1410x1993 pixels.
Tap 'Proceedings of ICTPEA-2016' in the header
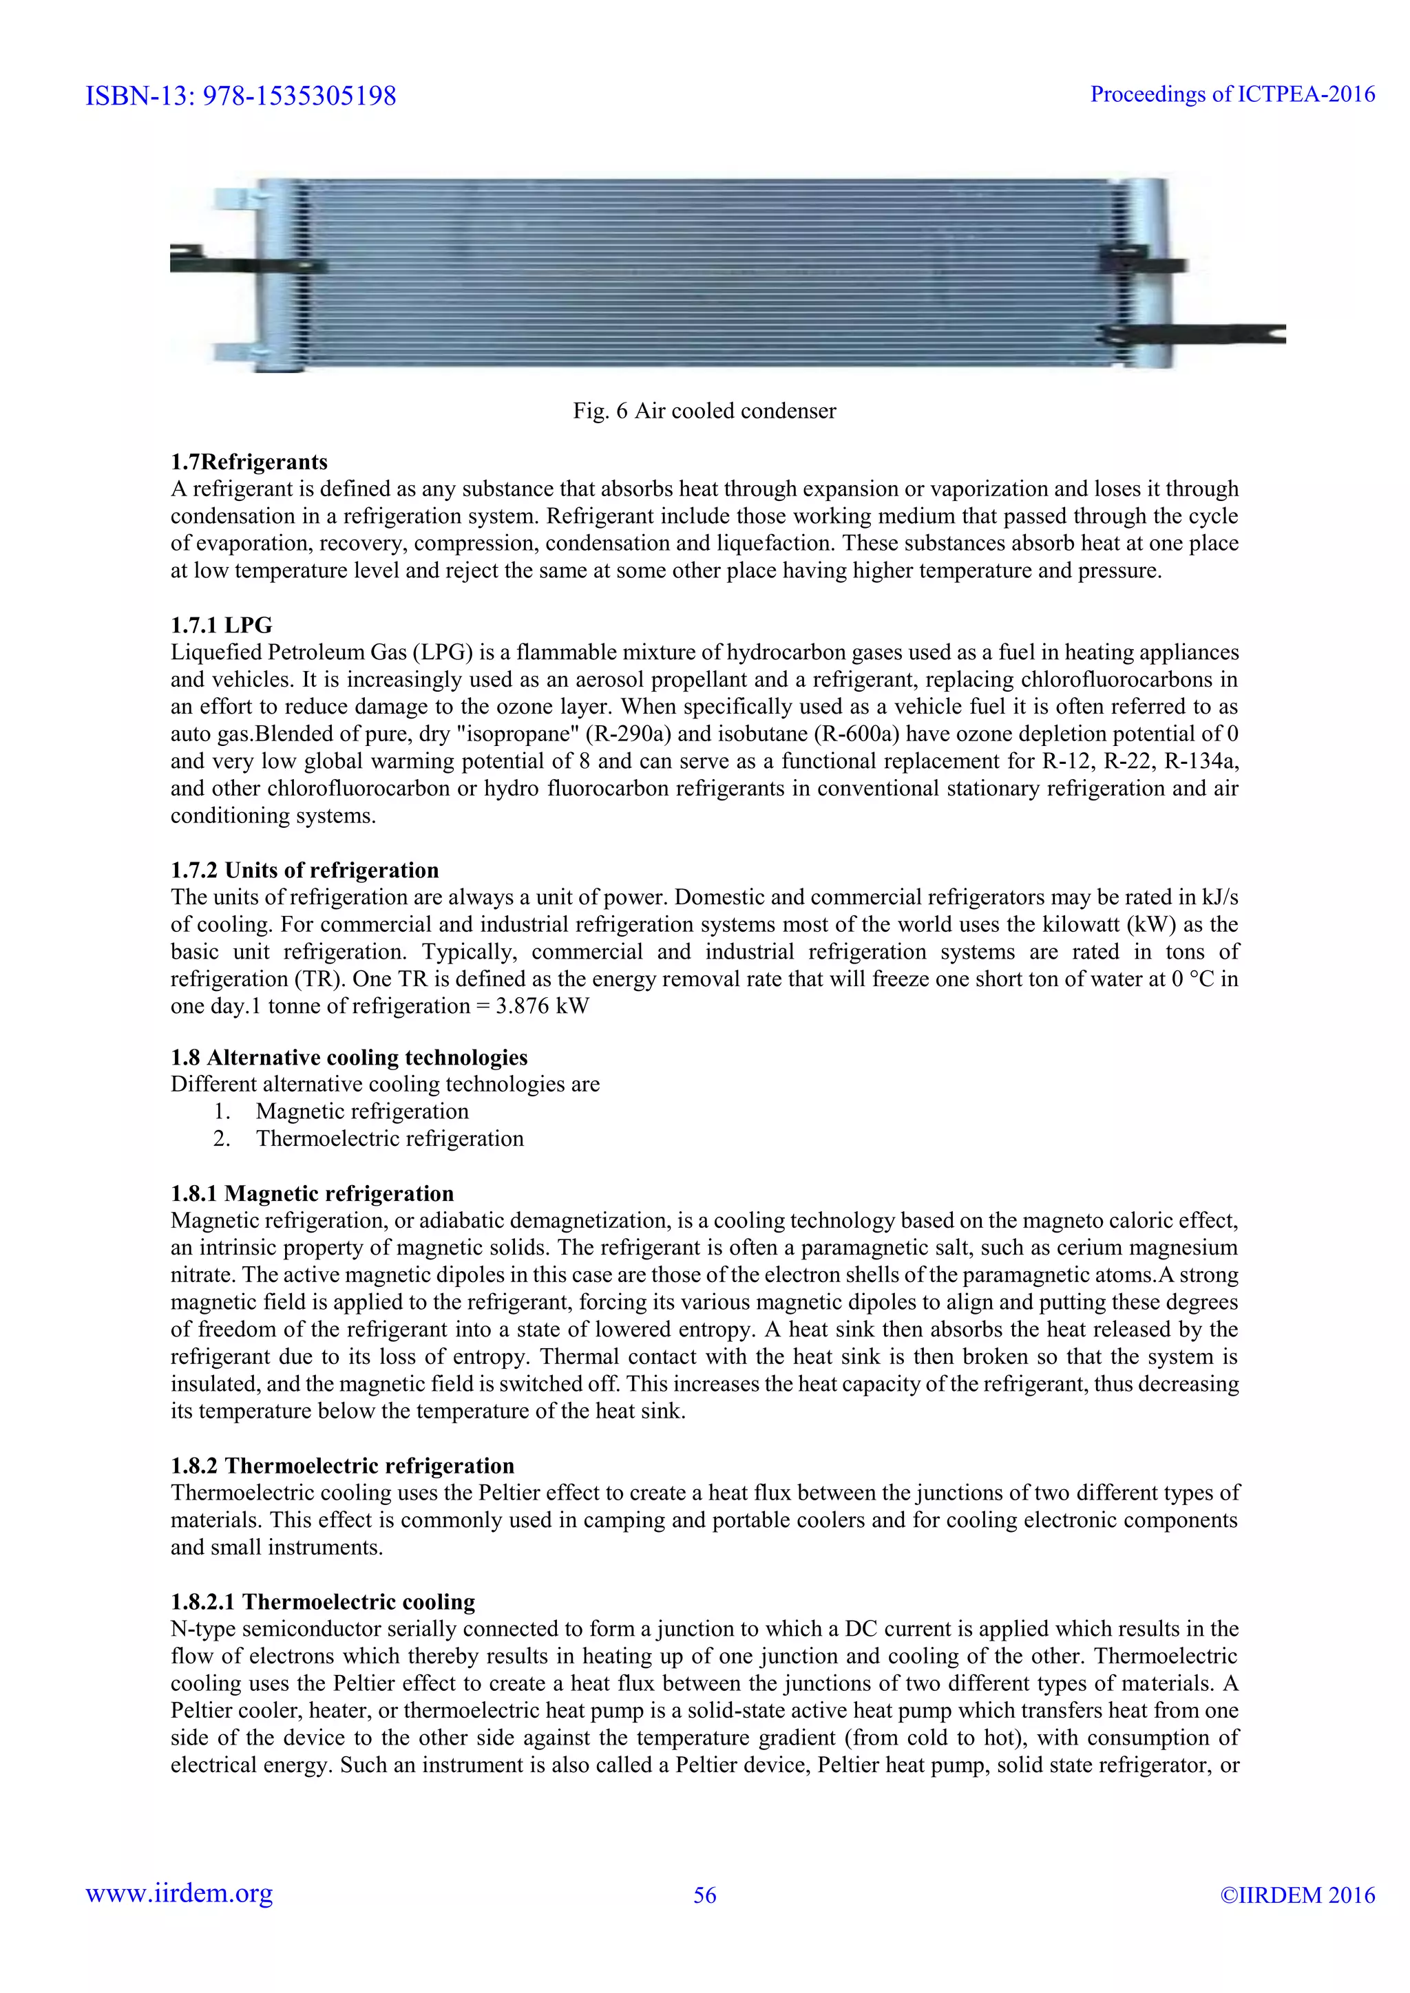pos(1232,94)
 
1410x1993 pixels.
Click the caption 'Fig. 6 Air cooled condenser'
pos(704,411)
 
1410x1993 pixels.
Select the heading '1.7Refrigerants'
pos(249,462)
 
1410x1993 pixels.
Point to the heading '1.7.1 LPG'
pos(222,625)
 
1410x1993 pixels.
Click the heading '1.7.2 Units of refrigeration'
pos(305,870)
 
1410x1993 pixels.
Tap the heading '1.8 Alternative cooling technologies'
pos(349,1057)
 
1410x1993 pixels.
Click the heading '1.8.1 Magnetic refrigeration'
pos(313,1193)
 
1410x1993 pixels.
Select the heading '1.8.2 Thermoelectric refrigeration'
pos(342,1465)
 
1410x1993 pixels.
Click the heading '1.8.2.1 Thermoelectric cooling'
pos(323,1601)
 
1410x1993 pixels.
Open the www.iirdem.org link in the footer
pos(179,1894)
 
